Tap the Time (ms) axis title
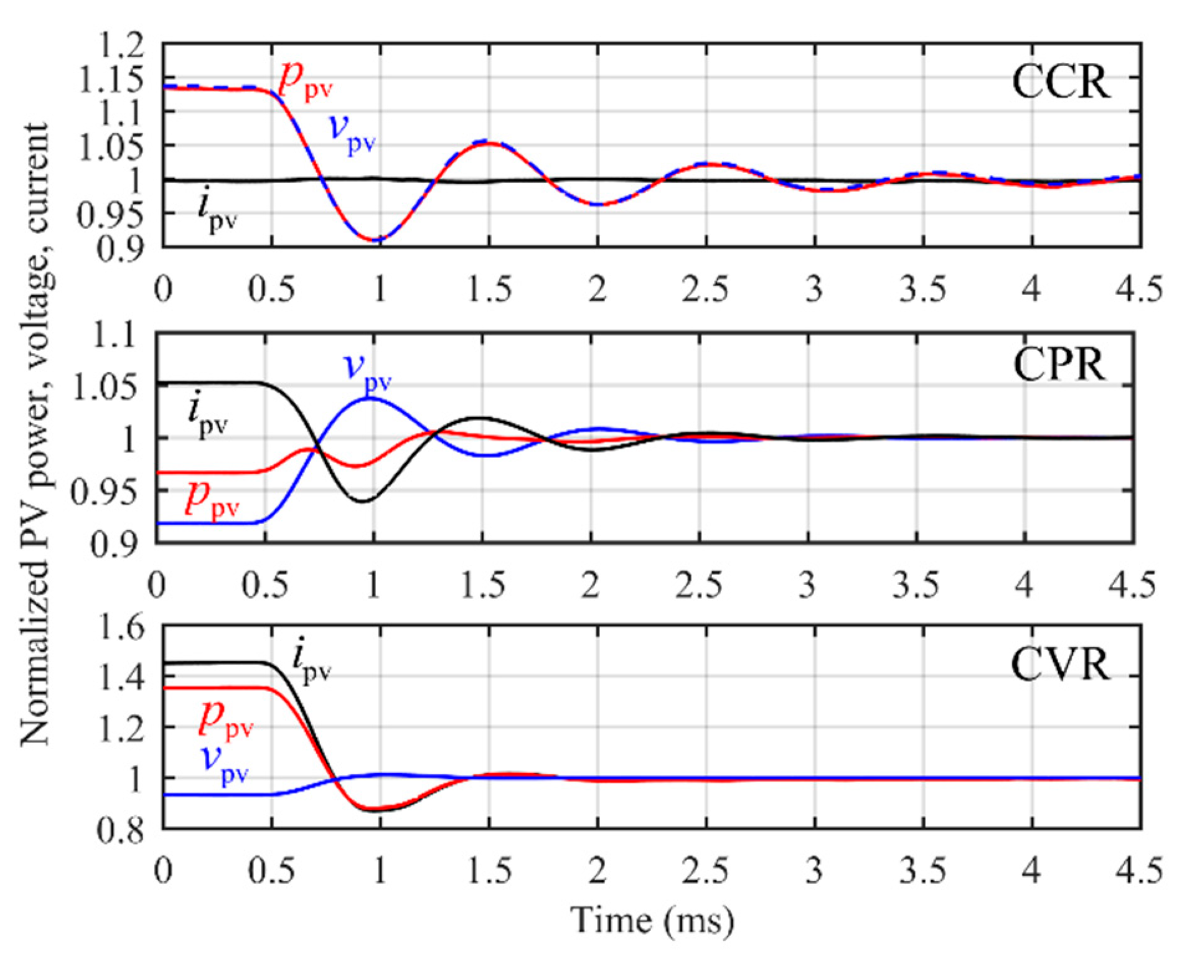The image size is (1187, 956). point(652,920)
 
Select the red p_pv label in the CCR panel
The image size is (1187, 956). point(305,80)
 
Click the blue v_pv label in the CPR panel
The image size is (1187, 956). point(368,370)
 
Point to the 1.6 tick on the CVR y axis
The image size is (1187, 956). point(121,626)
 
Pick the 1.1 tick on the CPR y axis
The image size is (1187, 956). point(115,336)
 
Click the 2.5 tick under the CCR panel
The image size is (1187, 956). point(705,289)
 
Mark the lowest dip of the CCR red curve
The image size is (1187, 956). point(377,240)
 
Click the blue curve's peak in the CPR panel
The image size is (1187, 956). point(370,398)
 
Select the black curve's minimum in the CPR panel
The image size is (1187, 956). point(364,501)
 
